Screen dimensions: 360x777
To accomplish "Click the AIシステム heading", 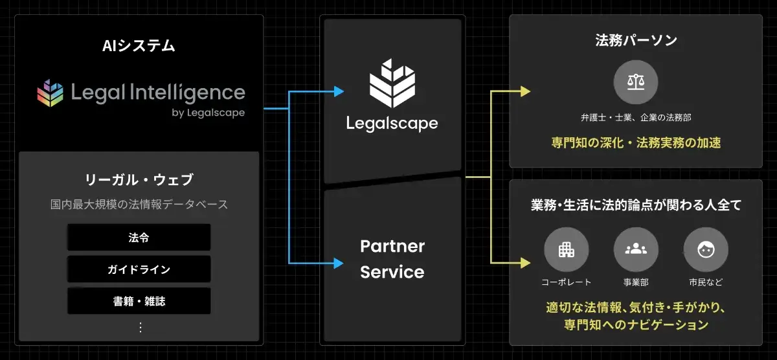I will click(139, 46).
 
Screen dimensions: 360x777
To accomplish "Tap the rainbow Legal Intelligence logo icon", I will click(50, 93).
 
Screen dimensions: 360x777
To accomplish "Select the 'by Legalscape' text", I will click(208, 113).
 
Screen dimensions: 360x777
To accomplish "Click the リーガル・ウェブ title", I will click(139, 180).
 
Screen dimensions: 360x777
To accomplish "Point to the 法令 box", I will click(139, 237).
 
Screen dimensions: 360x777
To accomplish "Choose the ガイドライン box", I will click(139, 269).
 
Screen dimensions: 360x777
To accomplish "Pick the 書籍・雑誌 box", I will click(139, 301).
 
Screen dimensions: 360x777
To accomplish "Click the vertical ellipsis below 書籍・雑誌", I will click(140, 327).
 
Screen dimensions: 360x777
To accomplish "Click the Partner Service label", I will click(392, 259).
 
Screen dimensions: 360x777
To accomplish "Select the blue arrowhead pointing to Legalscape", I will click(339, 92).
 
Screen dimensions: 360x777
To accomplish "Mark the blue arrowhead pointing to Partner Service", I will click(339, 263).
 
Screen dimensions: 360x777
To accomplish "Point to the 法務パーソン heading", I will click(636, 41).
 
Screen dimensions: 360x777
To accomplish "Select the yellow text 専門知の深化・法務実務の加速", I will click(636, 142).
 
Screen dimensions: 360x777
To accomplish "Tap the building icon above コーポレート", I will click(566, 249).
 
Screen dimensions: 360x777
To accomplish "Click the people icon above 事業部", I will click(636, 249).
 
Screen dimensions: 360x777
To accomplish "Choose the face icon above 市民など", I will click(706, 249).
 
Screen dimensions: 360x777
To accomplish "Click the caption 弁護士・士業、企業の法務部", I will click(636, 118).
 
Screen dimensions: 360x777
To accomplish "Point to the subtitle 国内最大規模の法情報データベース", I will click(139, 205).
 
